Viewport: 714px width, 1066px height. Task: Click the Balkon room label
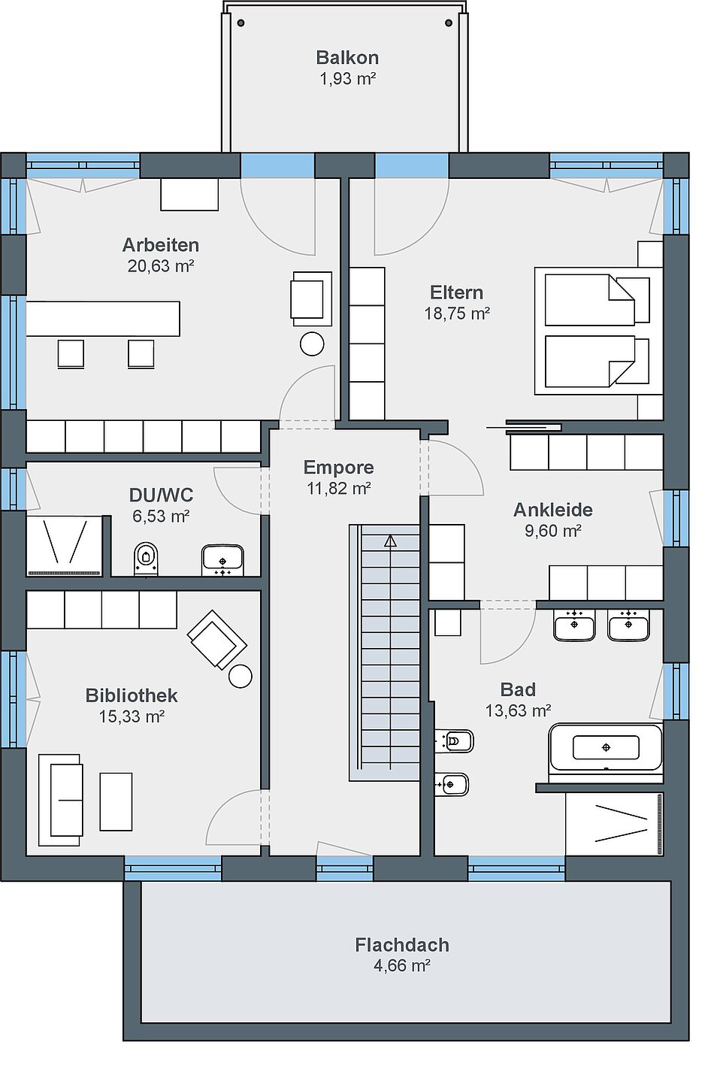pyautogui.click(x=347, y=58)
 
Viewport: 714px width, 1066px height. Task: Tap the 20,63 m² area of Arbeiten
pyautogui.click(x=161, y=266)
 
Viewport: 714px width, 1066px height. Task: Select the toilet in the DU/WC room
pyautogui.click(x=146, y=559)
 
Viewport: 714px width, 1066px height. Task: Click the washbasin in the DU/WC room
pyautogui.click(x=222, y=560)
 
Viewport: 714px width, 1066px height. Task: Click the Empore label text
pyautogui.click(x=339, y=468)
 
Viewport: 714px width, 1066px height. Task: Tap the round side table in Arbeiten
pyautogui.click(x=312, y=344)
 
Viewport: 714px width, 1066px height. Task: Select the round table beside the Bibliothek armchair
pyautogui.click(x=241, y=676)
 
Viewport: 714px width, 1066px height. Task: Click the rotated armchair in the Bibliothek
pyautogui.click(x=217, y=640)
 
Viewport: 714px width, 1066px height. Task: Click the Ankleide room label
pyautogui.click(x=553, y=510)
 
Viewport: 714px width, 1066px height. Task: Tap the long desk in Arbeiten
pyautogui.click(x=103, y=319)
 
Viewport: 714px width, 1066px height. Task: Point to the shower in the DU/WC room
pyautogui.click(x=65, y=545)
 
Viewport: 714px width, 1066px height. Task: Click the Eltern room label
pyautogui.click(x=457, y=292)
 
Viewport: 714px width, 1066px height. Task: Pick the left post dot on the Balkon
pyautogui.click(x=241, y=23)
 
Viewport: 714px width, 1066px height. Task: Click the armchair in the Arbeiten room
pyautogui.click(x=311, y=298)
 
